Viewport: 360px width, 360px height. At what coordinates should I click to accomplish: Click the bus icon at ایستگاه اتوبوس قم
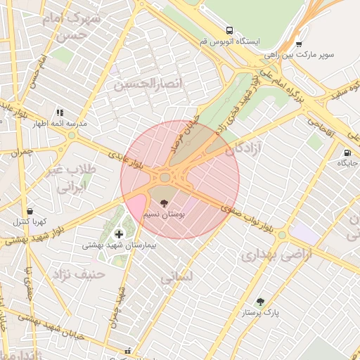230,30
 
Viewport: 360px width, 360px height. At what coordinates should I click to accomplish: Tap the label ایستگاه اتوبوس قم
230,43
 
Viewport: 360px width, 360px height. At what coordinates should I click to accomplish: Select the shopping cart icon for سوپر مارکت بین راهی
299,42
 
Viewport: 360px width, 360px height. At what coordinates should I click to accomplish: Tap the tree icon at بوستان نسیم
164,204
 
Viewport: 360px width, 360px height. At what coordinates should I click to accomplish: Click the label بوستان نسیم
164,215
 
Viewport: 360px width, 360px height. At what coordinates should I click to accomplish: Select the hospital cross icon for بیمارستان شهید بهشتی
118,233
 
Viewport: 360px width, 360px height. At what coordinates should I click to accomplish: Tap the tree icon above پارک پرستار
260,301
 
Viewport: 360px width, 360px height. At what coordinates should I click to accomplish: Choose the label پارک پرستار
261,313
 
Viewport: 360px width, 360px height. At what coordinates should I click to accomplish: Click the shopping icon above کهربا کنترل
30,210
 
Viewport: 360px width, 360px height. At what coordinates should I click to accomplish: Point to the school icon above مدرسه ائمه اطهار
60,112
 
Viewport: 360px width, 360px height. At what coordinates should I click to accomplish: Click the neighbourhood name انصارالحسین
143,85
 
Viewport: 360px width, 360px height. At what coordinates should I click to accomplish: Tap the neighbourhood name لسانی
175,278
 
